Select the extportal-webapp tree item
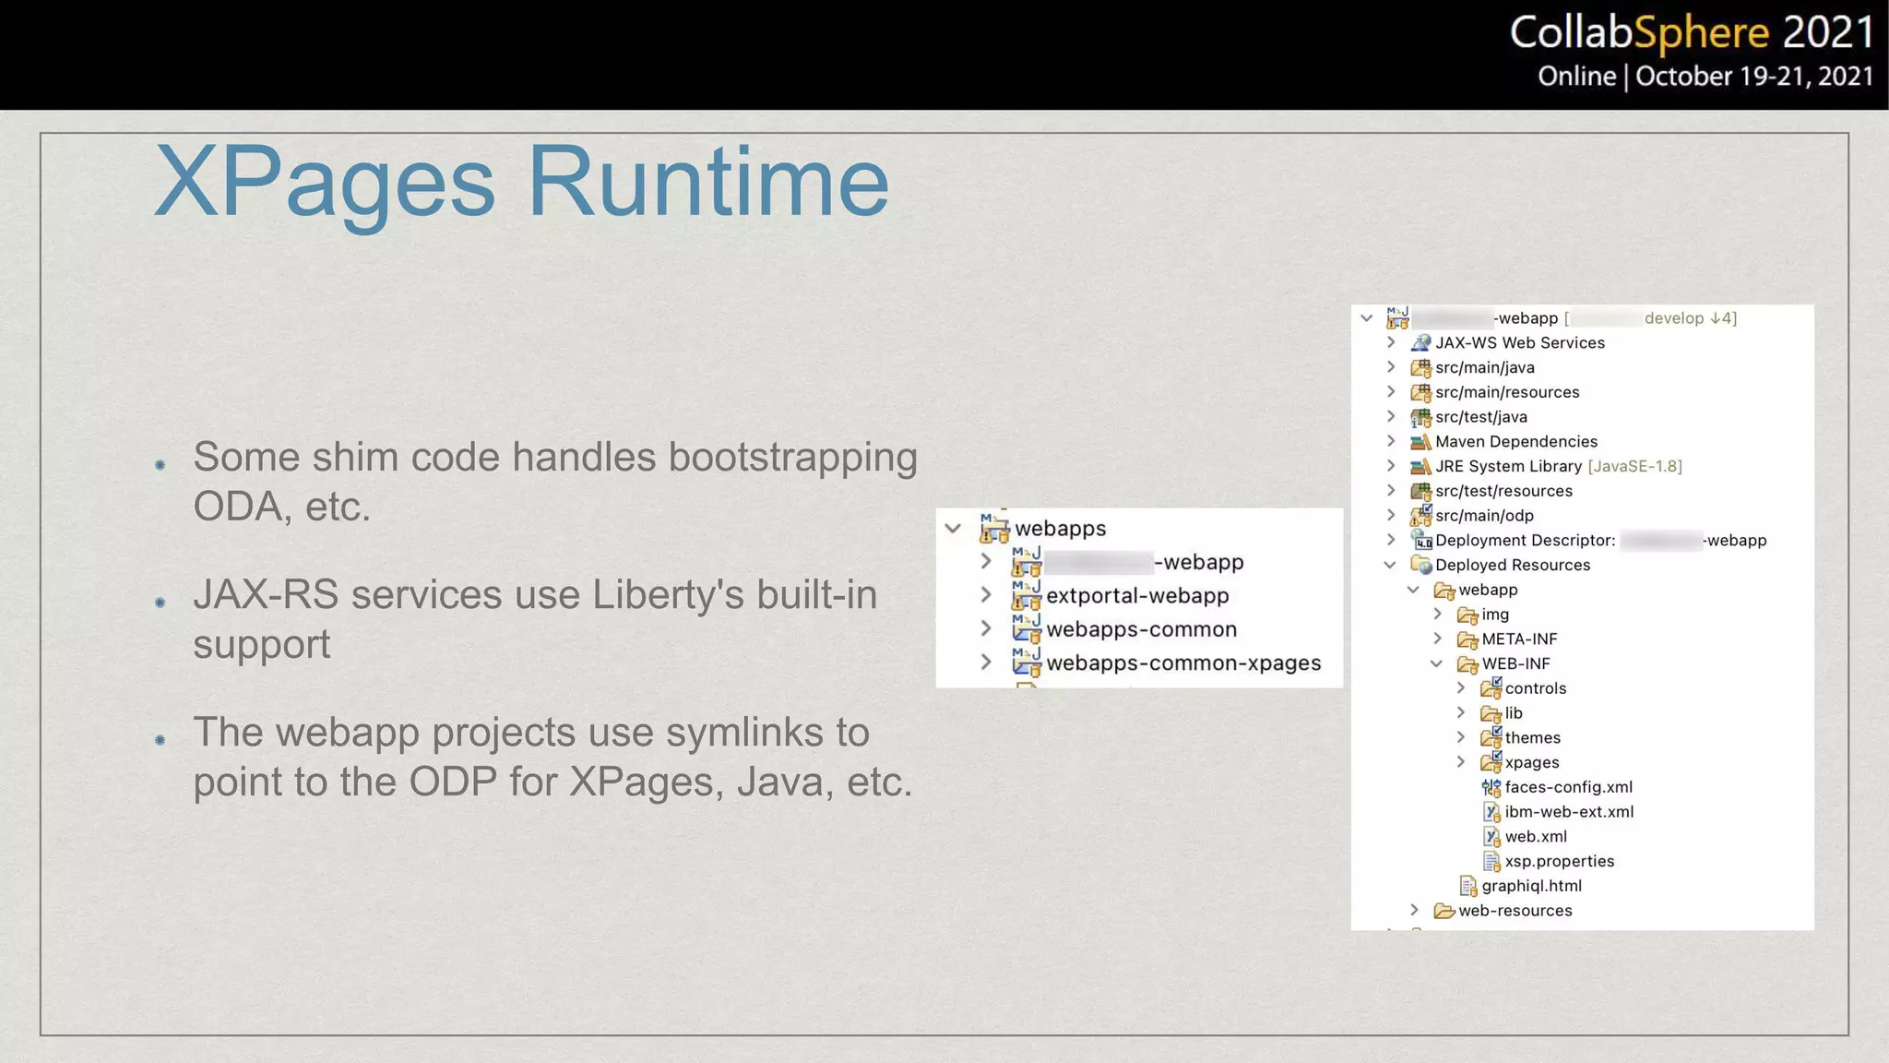click(1136, 596)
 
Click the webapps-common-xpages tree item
click(1182, 663)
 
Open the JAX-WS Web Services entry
click(1519, 343)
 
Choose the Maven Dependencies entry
click(1515, 442)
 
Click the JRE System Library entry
click(1508, 467)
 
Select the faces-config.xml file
click(1568, 788)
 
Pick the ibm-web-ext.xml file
click(1568, 813)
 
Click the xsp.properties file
click(1559, 862)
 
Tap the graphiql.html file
click(1531, 887)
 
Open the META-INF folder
click(1518, 639)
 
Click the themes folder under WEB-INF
click(1532, 738)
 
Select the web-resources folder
click(1515, 912)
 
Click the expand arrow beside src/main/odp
click(1391, 515)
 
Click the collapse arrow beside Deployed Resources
click(1390, 565)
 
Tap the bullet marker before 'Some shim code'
click(160, 465)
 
